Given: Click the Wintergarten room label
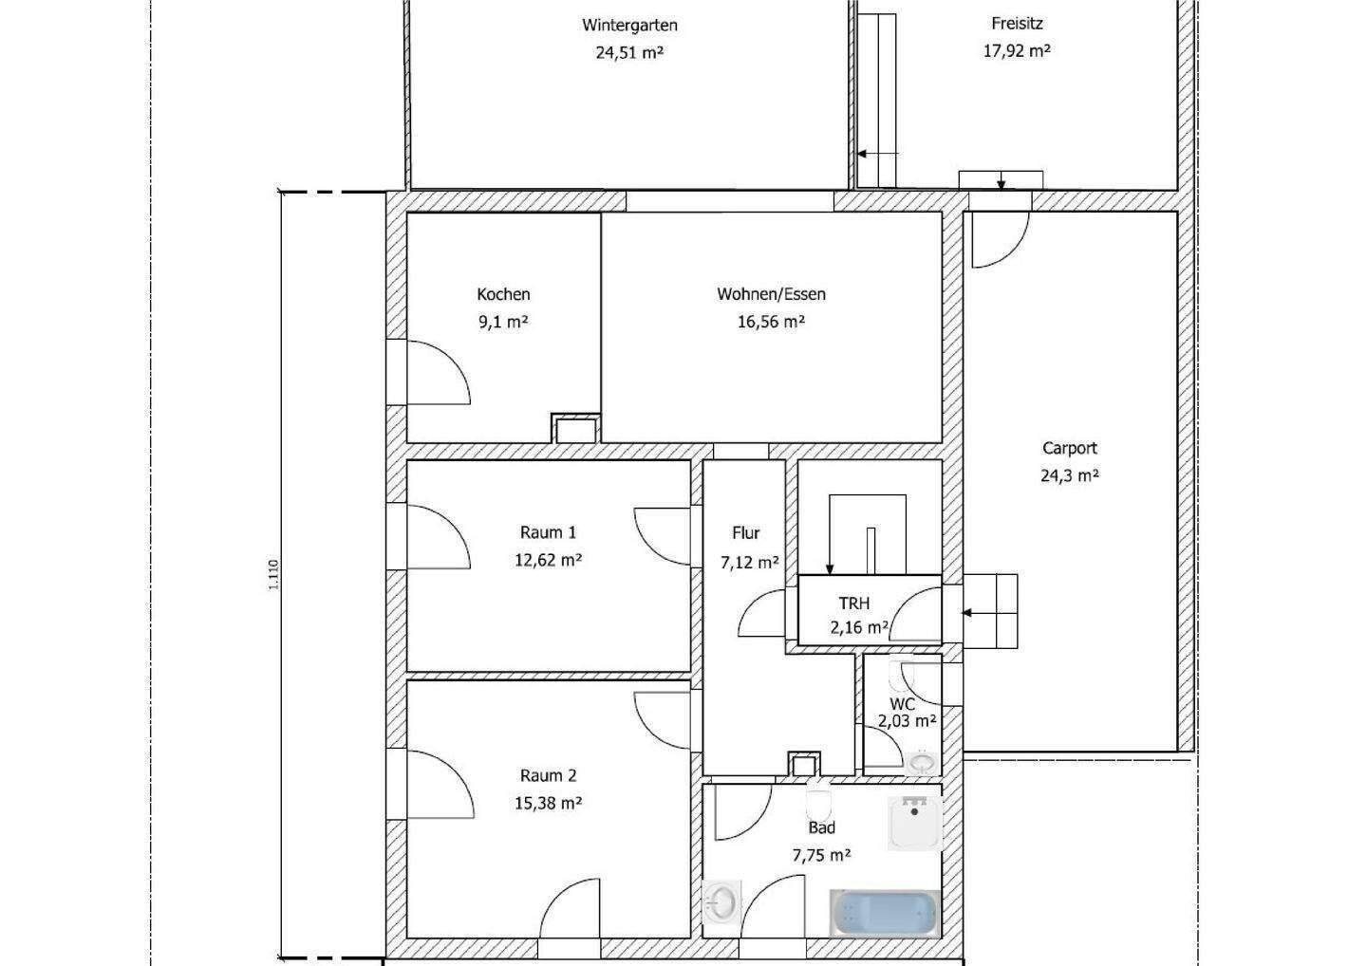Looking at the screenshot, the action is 629,26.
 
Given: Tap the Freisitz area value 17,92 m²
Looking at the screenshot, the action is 1016,50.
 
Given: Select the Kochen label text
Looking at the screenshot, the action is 503,294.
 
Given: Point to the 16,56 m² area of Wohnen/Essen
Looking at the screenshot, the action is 771,322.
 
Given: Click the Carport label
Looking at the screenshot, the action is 1069,448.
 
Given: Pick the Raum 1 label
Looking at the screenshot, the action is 548,532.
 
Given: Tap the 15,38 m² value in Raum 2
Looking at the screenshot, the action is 548,803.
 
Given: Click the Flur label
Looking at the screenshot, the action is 746,533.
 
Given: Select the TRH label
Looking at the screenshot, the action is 853,604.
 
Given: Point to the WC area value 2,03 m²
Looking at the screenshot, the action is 907,721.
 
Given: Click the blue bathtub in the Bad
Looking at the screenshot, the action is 885,913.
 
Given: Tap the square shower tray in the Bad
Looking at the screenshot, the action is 915,824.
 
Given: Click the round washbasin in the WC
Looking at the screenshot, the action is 922,762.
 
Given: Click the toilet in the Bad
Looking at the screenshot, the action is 818,804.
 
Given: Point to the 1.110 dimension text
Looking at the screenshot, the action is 273,574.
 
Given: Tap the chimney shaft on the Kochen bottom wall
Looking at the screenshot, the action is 575,429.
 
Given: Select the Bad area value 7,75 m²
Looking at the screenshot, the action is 821,856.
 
